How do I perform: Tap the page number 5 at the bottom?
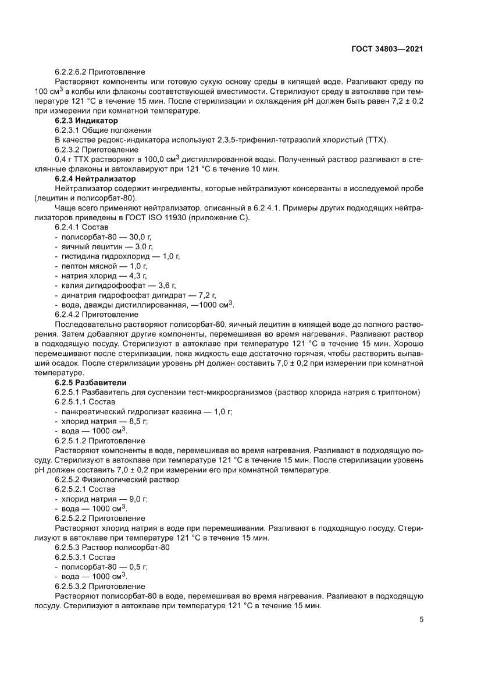[x=421, y=619]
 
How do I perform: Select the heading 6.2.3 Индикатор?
[x=86, y=121]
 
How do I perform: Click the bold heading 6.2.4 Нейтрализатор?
[x=95, y=178]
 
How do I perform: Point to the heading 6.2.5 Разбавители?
[x=91, y=382]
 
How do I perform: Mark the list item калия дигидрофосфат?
[x=99, y=285]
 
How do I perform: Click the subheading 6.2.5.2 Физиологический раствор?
[x=117, y=479]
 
